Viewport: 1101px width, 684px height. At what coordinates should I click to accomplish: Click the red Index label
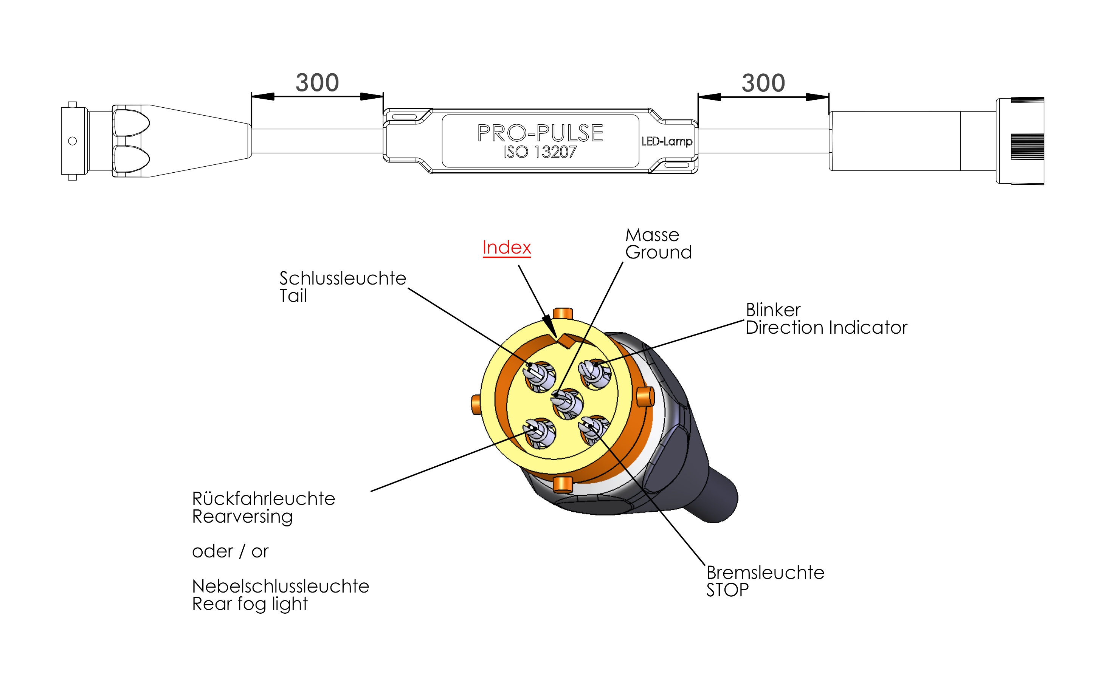506,248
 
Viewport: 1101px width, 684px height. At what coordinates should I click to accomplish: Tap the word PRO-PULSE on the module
540,133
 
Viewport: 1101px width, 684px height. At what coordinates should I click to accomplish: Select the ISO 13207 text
540,152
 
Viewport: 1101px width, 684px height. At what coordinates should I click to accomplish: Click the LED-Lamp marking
667,142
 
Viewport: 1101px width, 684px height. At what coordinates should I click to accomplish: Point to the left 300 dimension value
317,83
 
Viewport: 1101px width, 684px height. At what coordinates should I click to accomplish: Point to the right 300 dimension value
763,83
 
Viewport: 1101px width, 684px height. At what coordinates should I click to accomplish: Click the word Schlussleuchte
343,279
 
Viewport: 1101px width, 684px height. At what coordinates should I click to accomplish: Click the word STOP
727,590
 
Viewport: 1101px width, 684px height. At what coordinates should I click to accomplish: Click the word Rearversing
242,517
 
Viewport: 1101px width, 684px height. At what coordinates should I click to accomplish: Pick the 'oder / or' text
230,551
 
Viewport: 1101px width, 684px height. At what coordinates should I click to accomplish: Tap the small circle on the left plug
73,141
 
